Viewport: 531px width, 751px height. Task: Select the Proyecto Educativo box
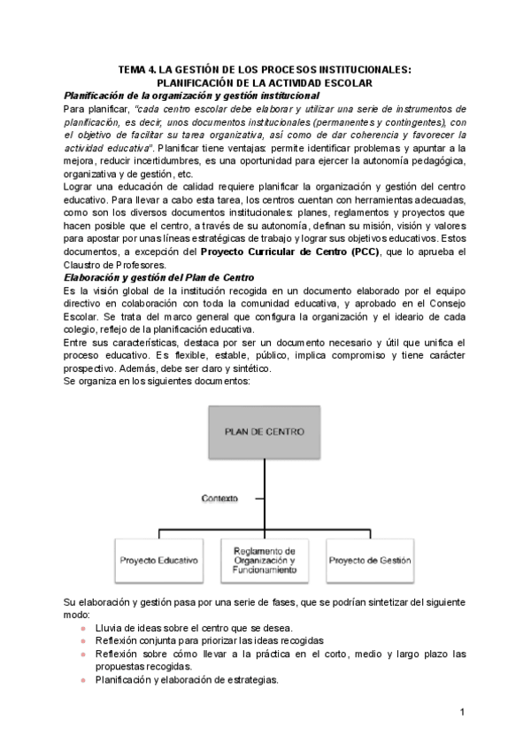158,561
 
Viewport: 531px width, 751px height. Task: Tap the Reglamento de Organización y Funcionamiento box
265,561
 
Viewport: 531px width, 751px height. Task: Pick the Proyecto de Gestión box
370,561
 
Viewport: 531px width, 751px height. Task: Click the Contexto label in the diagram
219,499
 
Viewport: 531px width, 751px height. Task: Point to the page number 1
462,712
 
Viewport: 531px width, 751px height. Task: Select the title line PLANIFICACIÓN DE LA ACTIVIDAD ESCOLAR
265,82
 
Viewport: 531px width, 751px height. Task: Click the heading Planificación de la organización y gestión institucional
192,95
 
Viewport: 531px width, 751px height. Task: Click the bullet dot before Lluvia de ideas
83,627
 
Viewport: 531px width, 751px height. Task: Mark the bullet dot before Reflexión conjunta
83,640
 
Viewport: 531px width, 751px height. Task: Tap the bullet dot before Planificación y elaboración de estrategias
83,680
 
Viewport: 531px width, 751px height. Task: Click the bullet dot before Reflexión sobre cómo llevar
83,654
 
